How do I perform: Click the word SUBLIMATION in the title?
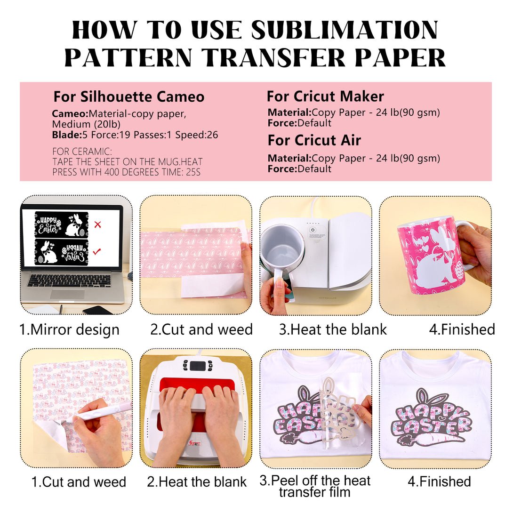[345, 30]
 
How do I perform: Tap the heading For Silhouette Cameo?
[129, 96]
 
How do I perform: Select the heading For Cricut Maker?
[325, 96]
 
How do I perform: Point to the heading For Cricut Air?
[314, 140]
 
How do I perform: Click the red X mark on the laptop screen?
[97, 224]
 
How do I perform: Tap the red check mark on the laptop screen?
[97, 252]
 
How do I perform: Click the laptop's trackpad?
[67, 294]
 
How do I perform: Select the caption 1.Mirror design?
[69, 329]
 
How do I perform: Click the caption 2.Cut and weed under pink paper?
[201, 329]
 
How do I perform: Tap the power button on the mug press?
[312, 230]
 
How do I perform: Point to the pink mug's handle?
[465, 242]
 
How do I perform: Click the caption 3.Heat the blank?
[333, 329]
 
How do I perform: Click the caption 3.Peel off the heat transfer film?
[315, 486]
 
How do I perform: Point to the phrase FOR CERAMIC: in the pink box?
[82, 152]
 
